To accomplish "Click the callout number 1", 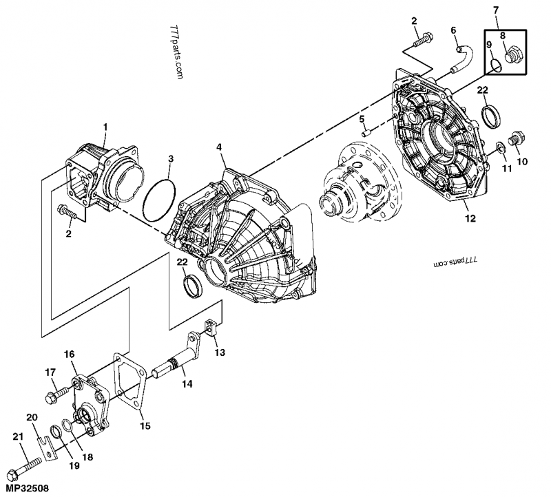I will click(105, 127).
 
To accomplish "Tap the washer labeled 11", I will click(499, 146).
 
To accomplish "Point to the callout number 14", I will click(187, 385).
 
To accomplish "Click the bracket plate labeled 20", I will click(48, 446).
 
